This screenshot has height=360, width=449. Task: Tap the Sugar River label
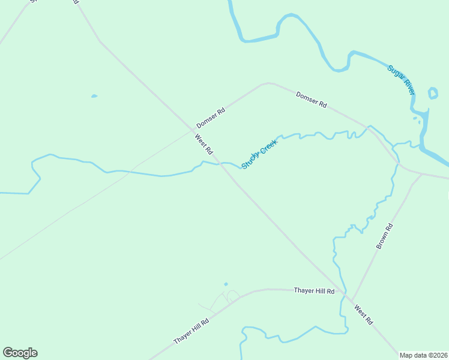click(x=401, y=79)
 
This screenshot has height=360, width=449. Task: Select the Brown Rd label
click(x=384, y=236)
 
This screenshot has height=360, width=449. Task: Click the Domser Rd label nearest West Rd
click(x=211, y=118)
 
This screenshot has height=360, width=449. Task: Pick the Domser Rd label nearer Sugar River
click(x=311, y=100)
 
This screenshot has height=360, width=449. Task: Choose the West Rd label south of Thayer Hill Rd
click(x=363, y=316)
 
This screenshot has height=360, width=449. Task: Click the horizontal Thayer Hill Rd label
click(x=314, y=290)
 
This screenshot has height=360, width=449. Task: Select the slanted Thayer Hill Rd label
click(x=191, y=331)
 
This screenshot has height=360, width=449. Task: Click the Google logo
click(x=20, y=353)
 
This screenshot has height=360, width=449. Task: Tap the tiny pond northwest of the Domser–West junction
click(x=94, y=96)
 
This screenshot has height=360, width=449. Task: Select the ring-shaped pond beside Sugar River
click(x=433, y=93)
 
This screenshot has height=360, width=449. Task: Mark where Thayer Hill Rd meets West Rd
click(x=349, y=298)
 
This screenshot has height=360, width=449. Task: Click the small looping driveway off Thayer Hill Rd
click(x=228, y=296)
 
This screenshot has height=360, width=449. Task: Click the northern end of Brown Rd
click(x=422, y=175)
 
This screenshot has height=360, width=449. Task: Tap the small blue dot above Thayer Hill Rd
click(x=226, y=284)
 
